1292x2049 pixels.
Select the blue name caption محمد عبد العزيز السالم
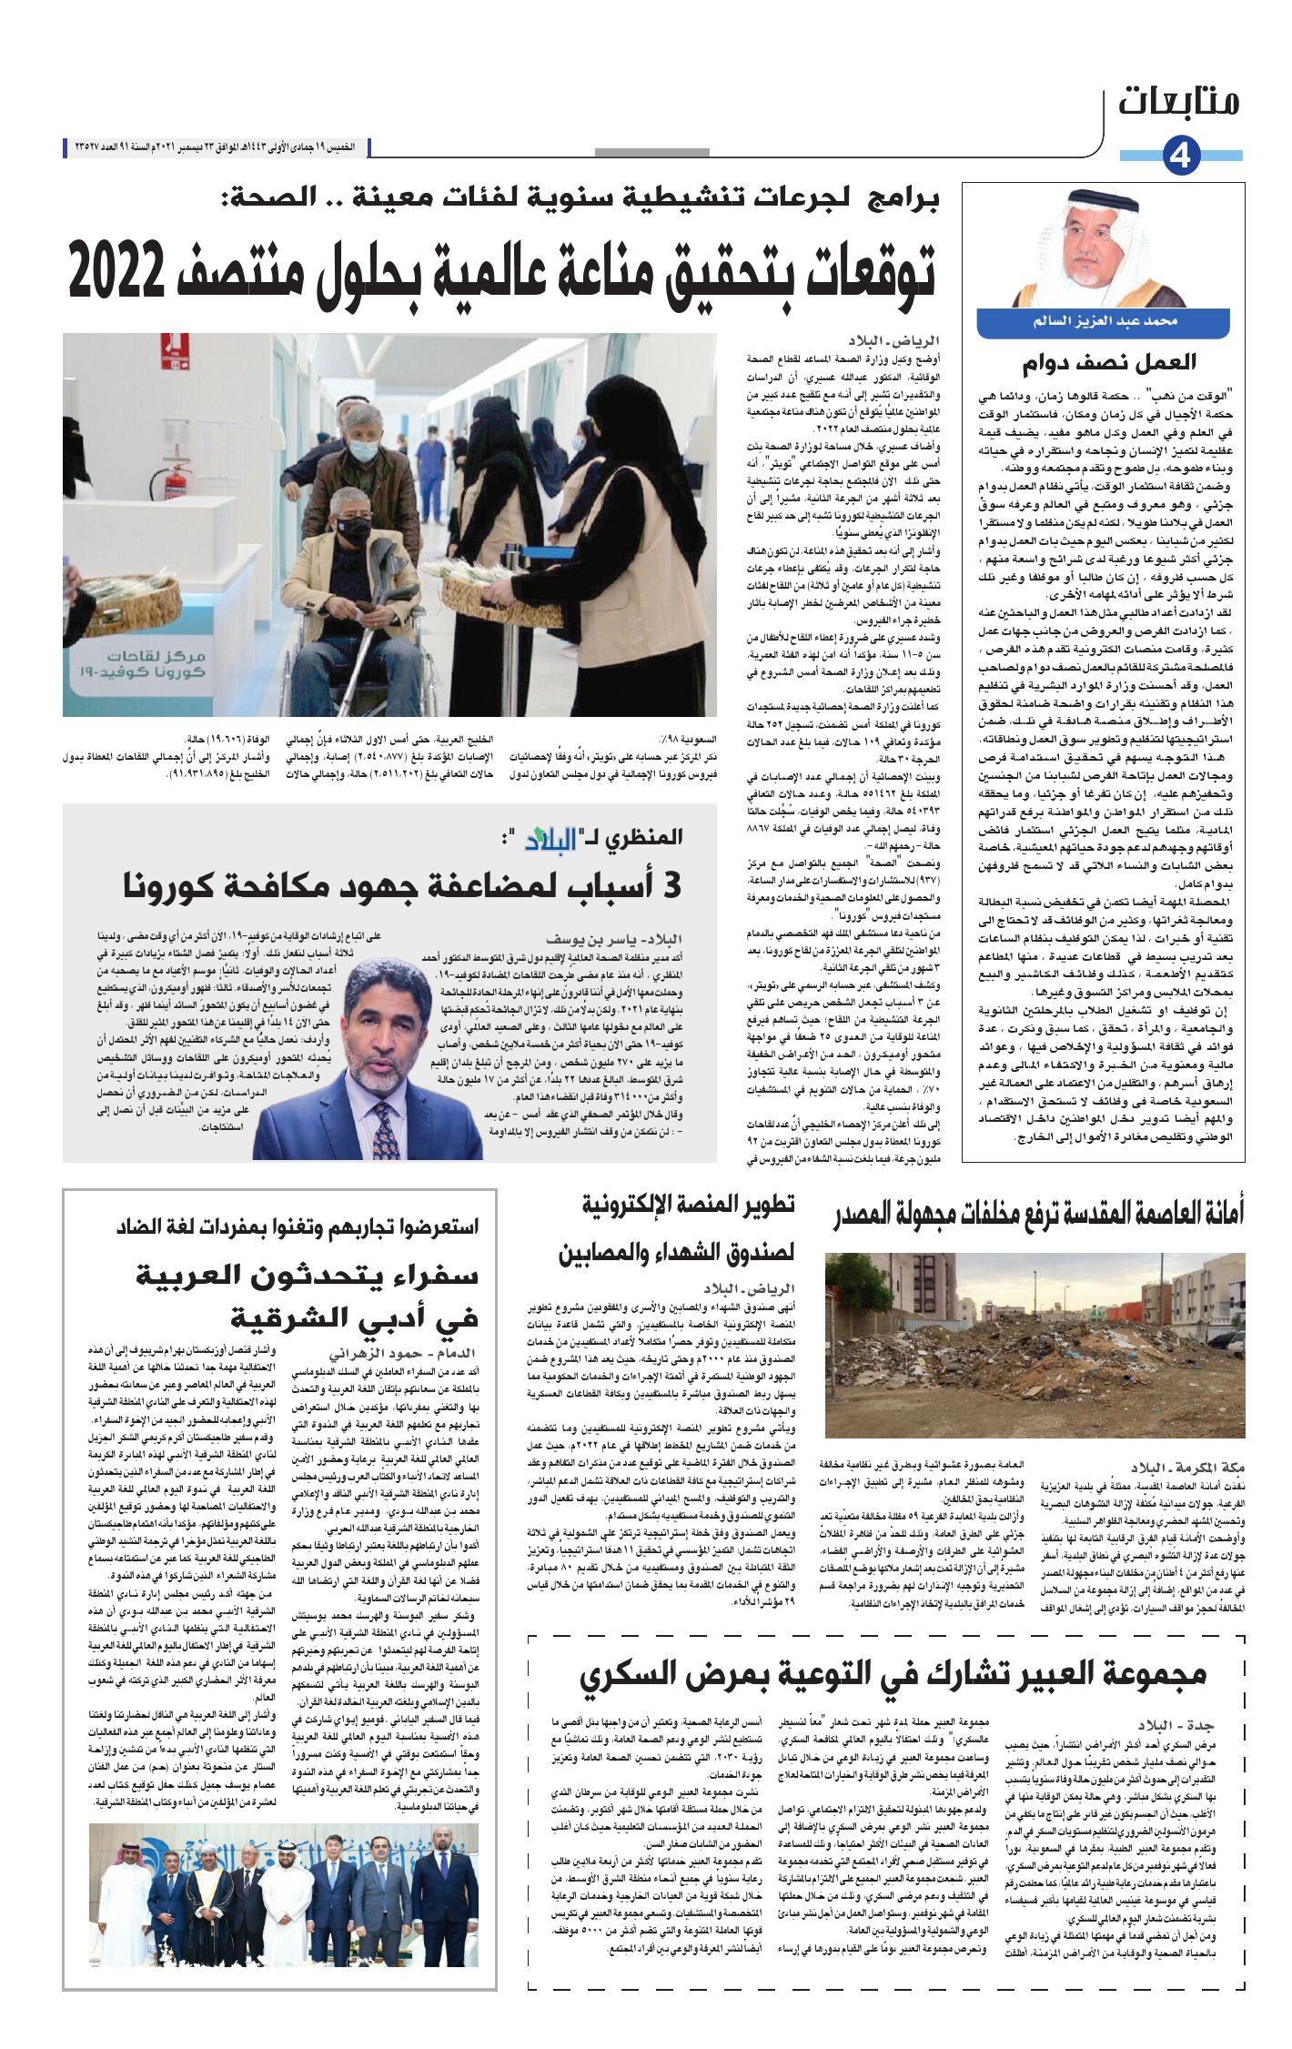(x=1104, y=322)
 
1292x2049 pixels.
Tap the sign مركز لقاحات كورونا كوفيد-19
(x=156, y=663)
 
